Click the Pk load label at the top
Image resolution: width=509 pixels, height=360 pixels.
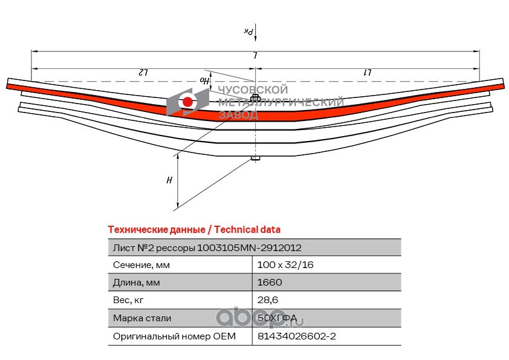pos(248,31)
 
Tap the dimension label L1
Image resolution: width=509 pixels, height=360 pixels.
pos(368,72)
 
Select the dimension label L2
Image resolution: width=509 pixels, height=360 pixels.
pos(143,72)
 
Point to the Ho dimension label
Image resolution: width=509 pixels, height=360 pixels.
pos(204,80)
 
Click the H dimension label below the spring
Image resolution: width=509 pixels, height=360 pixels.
pos(169,180)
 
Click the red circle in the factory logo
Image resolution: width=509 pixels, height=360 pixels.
pos(187,102)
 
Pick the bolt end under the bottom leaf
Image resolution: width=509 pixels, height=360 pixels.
pos(256,159)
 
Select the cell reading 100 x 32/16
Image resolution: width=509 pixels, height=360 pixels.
pos(285,265)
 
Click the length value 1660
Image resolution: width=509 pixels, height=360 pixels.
pos(270,283)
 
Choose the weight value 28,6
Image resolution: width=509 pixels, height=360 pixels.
pos(267,300)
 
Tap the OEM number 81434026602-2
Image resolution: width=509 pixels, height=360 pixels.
pos(297,336)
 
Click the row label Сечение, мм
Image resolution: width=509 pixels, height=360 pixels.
pos(141,265)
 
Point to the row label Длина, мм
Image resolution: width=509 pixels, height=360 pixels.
pos(137,283)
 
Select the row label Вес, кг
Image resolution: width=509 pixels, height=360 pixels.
pos(128,300)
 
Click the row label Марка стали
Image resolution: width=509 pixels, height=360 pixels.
pos(142,318)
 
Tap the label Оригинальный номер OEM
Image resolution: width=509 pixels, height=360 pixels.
pos(174,336)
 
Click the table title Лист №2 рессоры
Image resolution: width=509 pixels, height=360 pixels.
pos(154,248)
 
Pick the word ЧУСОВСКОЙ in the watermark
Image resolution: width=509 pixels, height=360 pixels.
pos(253,90)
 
